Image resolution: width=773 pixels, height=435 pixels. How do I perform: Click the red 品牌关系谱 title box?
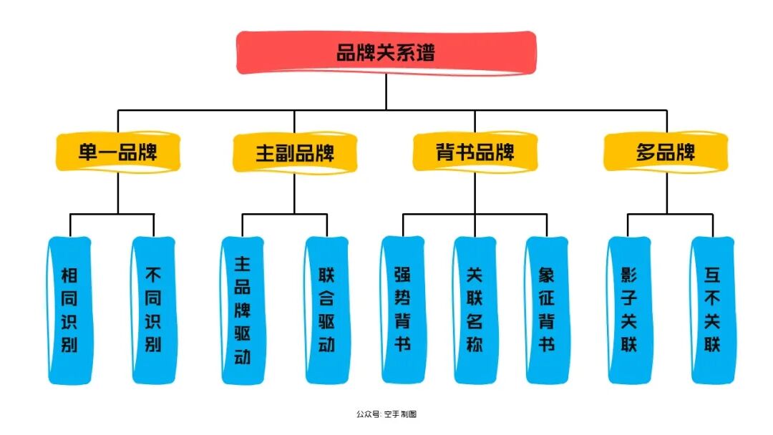[x=386, y=53]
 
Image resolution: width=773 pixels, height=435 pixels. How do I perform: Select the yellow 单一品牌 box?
[x=118, y=152]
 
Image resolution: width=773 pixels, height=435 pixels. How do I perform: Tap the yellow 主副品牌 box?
[x=294, y=152]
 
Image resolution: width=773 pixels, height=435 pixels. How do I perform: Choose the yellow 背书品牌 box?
[x=475, y=152]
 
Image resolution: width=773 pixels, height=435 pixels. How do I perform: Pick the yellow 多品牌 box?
[x=666, y=152]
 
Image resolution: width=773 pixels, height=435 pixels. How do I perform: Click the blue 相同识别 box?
[x=70, y=310]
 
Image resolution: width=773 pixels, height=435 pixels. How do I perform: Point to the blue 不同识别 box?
[x=153, y=310]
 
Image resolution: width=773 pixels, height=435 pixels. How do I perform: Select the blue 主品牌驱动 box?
[x=243, y=310]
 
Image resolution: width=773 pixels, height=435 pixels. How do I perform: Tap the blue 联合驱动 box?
[x=326, y=310]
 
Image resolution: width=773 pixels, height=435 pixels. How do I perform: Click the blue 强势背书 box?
[x=402, y=310]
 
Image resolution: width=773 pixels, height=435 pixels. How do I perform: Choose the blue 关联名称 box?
[x=475, y=310]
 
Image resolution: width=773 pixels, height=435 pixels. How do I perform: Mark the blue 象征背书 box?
[x=547, y=310]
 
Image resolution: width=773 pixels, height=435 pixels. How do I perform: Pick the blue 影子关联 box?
[x=629, y=310]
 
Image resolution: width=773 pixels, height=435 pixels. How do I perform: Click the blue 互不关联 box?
[x=712, y=310]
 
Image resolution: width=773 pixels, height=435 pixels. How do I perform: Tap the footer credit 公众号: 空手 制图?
[x=386, y=414]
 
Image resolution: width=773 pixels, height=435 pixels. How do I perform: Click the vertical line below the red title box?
[x=386, y=92]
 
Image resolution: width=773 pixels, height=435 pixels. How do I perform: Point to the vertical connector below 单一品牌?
[x=118, y=192]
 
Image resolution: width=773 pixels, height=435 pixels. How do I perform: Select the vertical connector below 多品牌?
[x=666, y=192]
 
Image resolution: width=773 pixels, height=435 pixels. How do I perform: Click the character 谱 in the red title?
[x=425, y=53]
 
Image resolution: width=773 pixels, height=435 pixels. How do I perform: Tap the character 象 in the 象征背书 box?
[x=547, y=275]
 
